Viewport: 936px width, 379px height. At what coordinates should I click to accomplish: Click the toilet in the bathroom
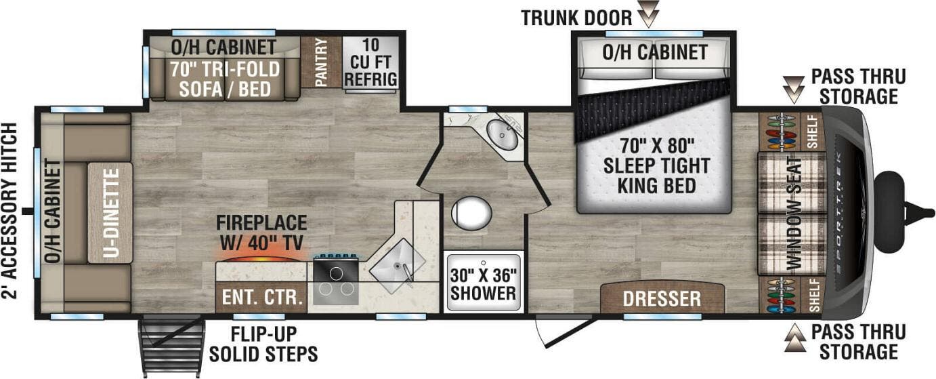coord(471,212)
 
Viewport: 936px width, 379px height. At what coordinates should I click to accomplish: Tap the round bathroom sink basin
coord(504,138)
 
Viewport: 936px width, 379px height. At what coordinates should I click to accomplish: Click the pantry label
coord(321,62)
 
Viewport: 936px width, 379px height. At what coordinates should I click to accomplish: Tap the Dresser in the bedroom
coord(662,298)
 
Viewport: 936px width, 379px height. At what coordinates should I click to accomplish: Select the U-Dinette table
coord(110,212)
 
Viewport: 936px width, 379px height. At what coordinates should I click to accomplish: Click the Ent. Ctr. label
coord(261,298)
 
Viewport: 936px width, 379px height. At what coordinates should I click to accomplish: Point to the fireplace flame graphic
coord(261,255)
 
